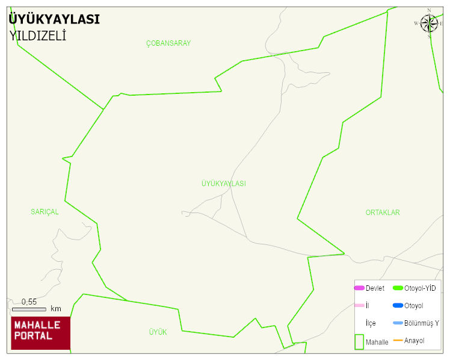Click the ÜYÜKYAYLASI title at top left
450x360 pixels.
tap(54, 19)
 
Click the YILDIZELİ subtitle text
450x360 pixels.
tap(37, 36)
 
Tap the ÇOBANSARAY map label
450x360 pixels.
tap(168, 43)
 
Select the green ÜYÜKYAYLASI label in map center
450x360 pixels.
tap(223, 184)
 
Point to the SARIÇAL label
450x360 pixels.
tap(45, 212)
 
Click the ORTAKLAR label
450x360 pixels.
tap(383, 213)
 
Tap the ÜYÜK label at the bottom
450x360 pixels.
tap(158, 332)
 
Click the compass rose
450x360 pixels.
tap(429, 23)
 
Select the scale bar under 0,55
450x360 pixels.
tap(29, 309)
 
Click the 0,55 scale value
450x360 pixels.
tap(29, 302)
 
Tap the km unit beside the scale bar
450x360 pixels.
tap(56, 309)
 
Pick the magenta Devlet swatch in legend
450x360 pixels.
tap(359, 288)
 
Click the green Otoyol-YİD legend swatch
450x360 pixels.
tap(398, 288)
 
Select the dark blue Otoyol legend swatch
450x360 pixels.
tap(398, 306)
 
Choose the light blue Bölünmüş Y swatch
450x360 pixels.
tap(398, 323)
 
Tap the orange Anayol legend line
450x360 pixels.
tap(398, 341)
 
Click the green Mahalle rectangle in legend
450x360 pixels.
tap(359, 341)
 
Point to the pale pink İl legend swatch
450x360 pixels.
tap(359, 306)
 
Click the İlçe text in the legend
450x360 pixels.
tap(371, 323)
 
